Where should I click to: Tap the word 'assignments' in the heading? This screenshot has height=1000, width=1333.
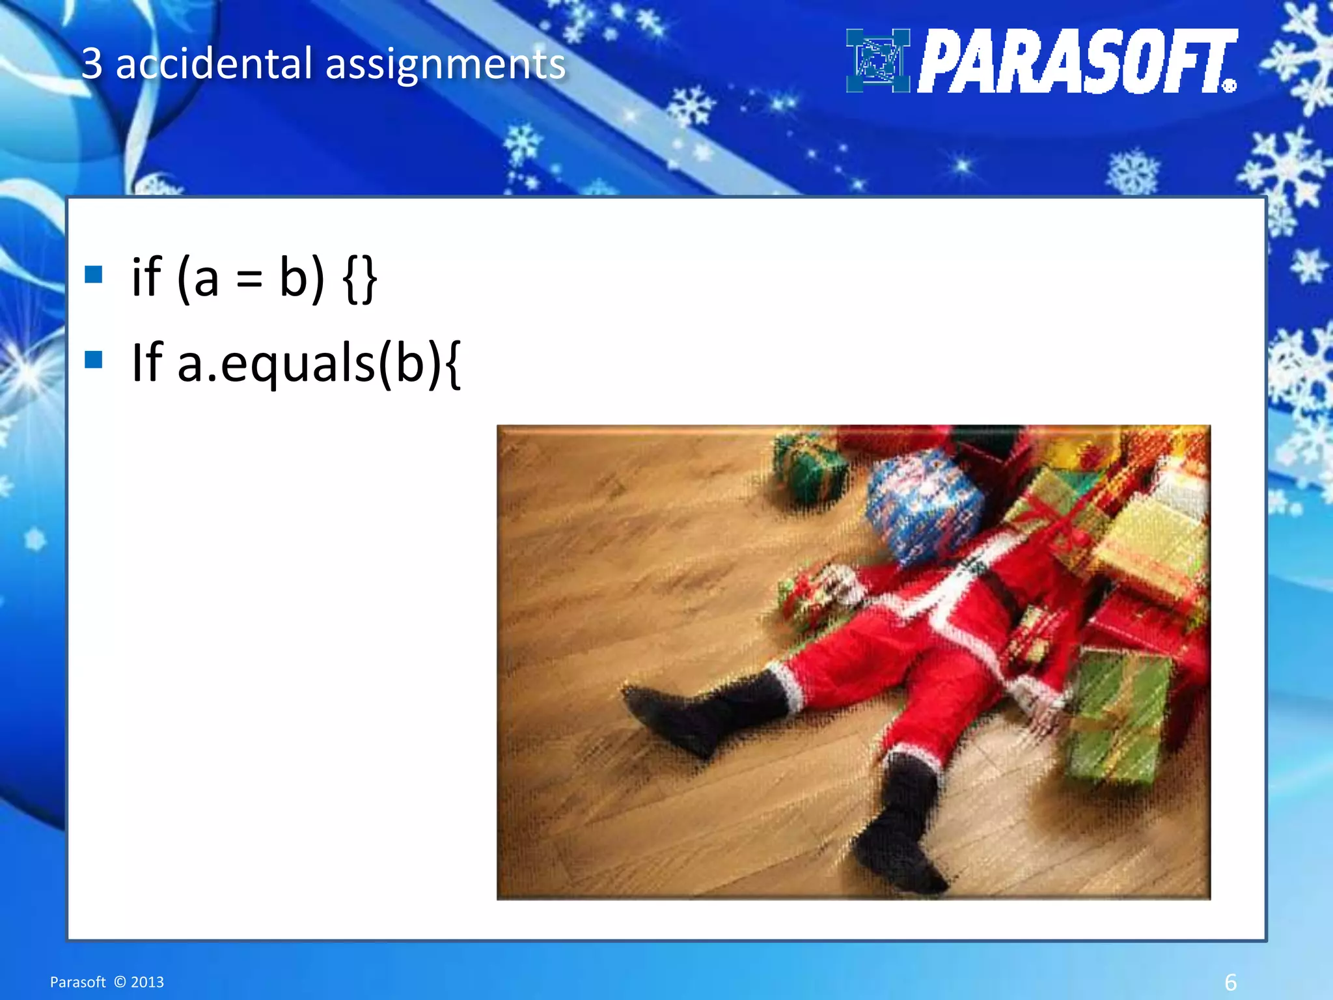coord(445,65)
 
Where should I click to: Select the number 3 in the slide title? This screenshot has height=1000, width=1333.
coord(92,64)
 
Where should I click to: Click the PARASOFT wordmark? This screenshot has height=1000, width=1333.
coord(1077,61)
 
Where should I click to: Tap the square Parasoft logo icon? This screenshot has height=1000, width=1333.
coord(877,61)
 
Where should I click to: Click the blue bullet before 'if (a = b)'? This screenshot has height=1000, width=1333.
coord(94,275)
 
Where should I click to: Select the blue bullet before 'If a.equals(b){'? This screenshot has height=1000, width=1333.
coord(94,359)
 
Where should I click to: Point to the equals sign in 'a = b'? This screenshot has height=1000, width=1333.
coord(249,279)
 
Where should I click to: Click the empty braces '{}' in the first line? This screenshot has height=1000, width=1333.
coord(359,279)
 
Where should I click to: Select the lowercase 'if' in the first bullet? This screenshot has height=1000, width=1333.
coord(146,277)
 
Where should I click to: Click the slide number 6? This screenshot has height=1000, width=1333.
coord(1230,981)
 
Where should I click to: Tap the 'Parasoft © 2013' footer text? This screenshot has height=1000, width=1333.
coord(107,982)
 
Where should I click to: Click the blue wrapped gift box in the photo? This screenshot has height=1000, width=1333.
coord(924,505)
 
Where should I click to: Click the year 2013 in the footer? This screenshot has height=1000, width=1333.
coord(147,982)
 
